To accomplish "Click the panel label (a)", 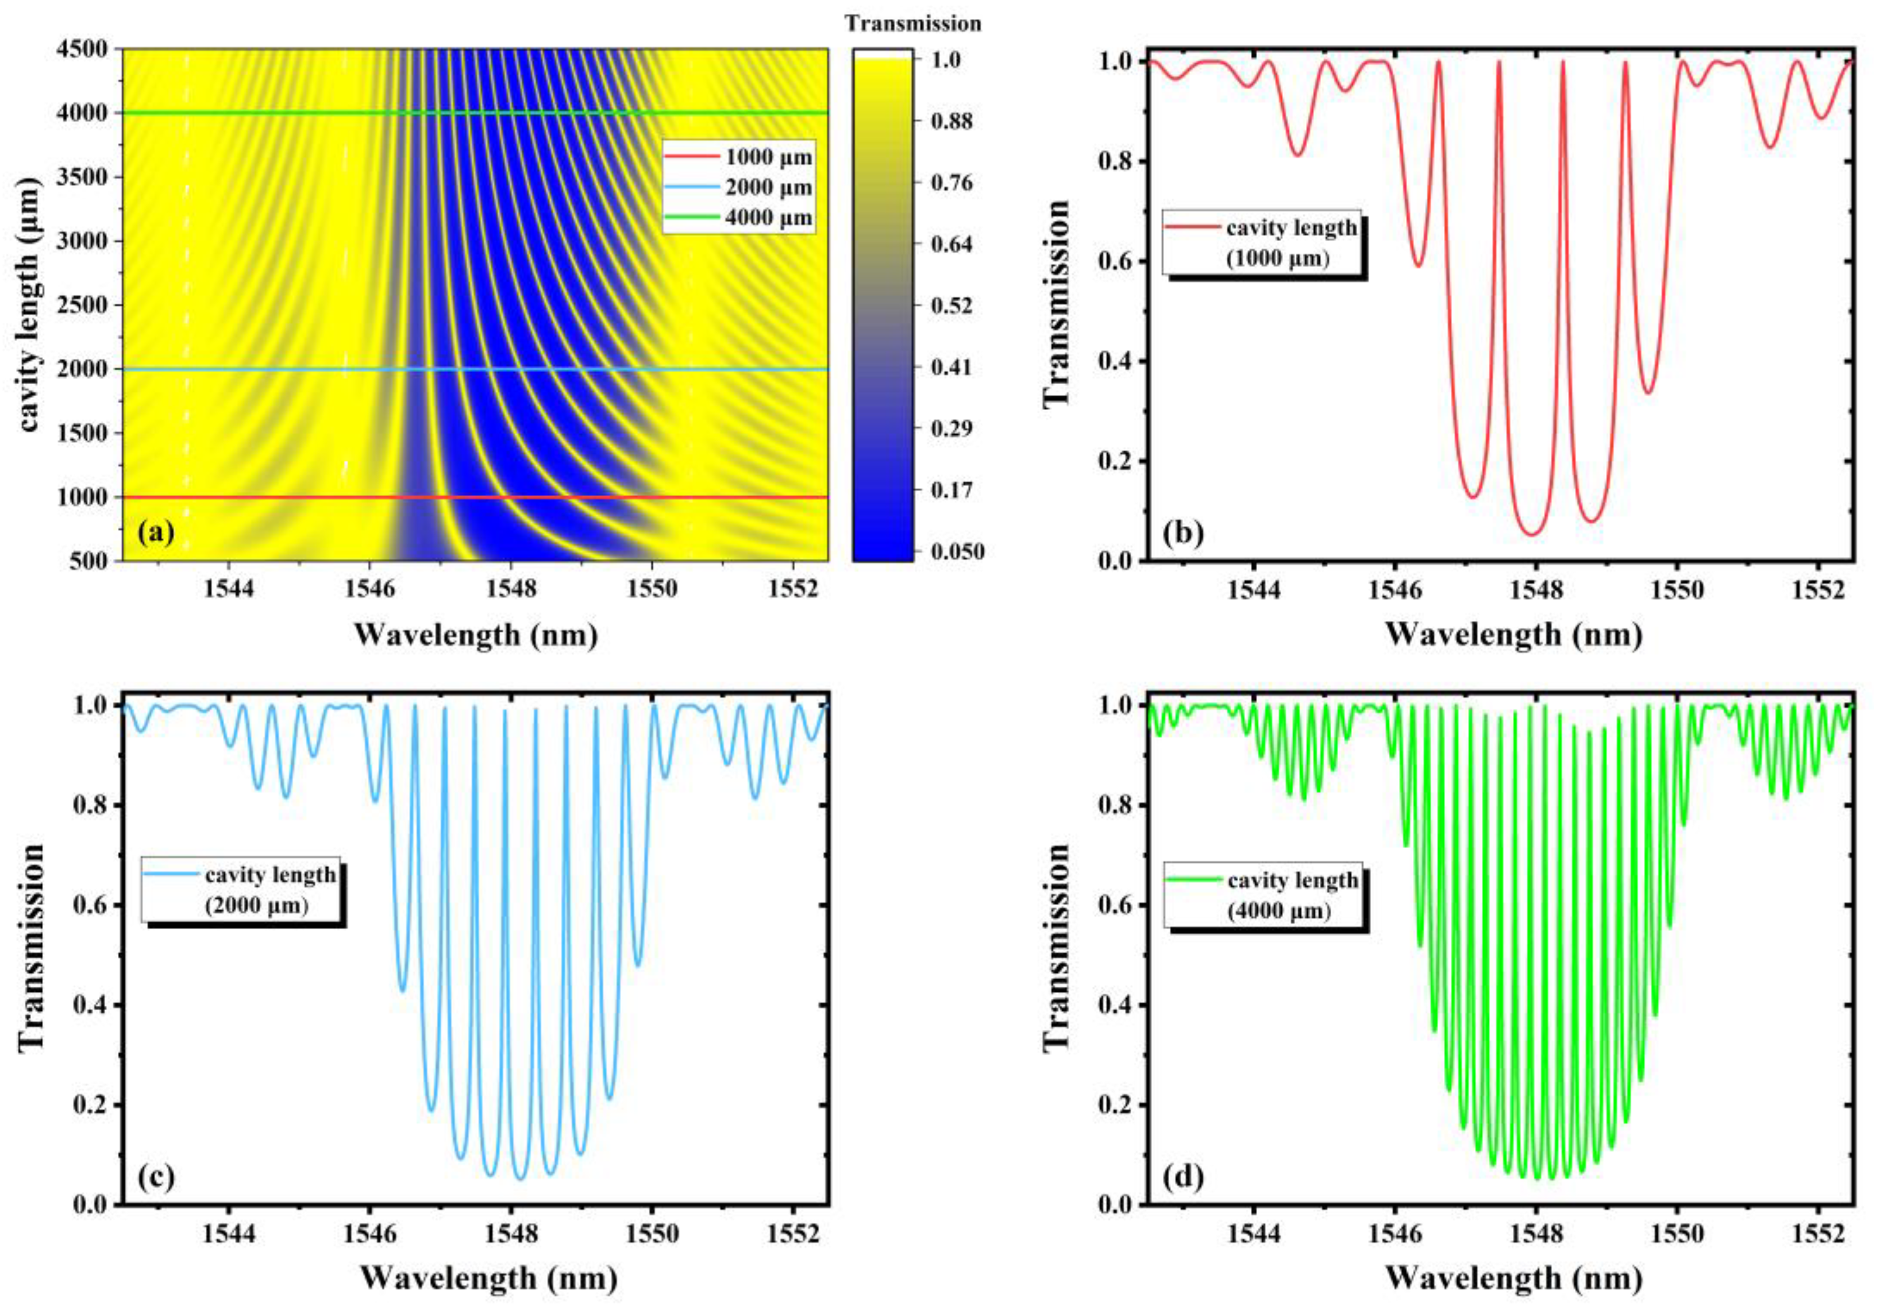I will point(156,533).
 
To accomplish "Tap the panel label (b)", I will point(1182,533).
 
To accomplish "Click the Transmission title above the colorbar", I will point(912,24).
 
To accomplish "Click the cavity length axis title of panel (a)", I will point(29,304).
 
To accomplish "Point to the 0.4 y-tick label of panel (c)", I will point(90,1005).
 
